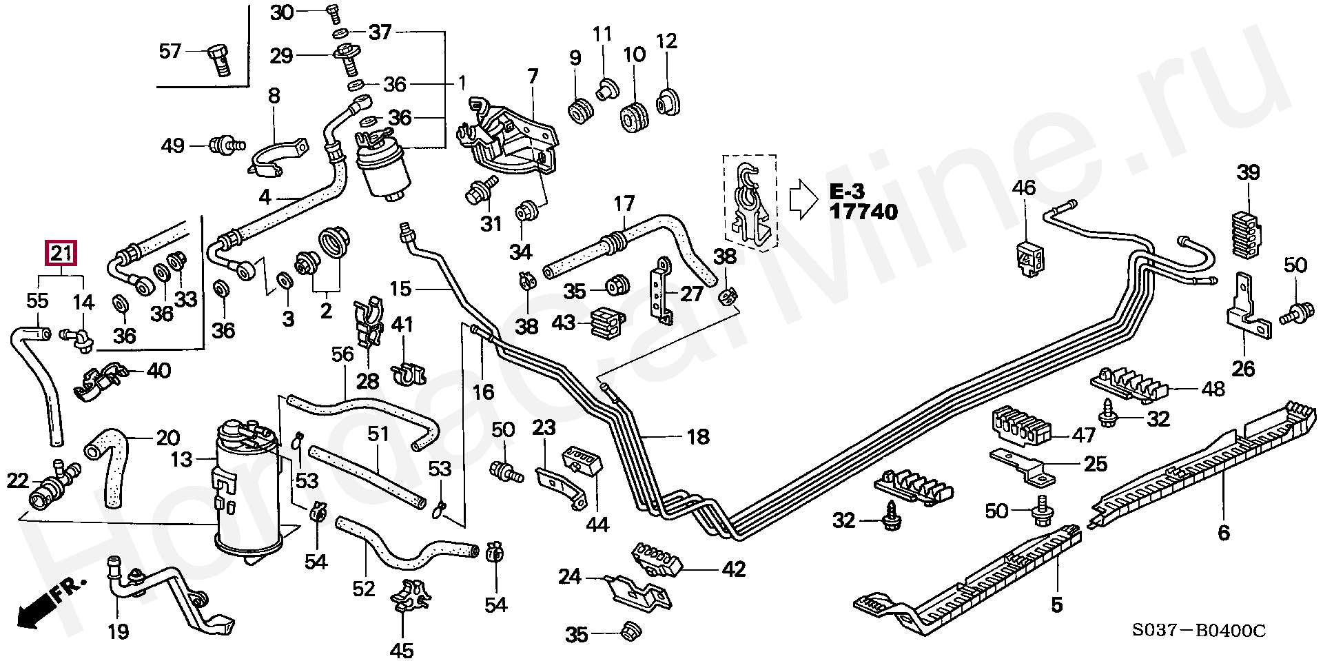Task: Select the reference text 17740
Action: (863, 212)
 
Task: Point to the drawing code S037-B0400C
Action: (1199, 631)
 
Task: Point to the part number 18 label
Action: (697, 436)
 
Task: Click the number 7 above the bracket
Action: (532, 77)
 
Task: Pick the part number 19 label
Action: (119, 633)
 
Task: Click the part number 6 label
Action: (1223, 531)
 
